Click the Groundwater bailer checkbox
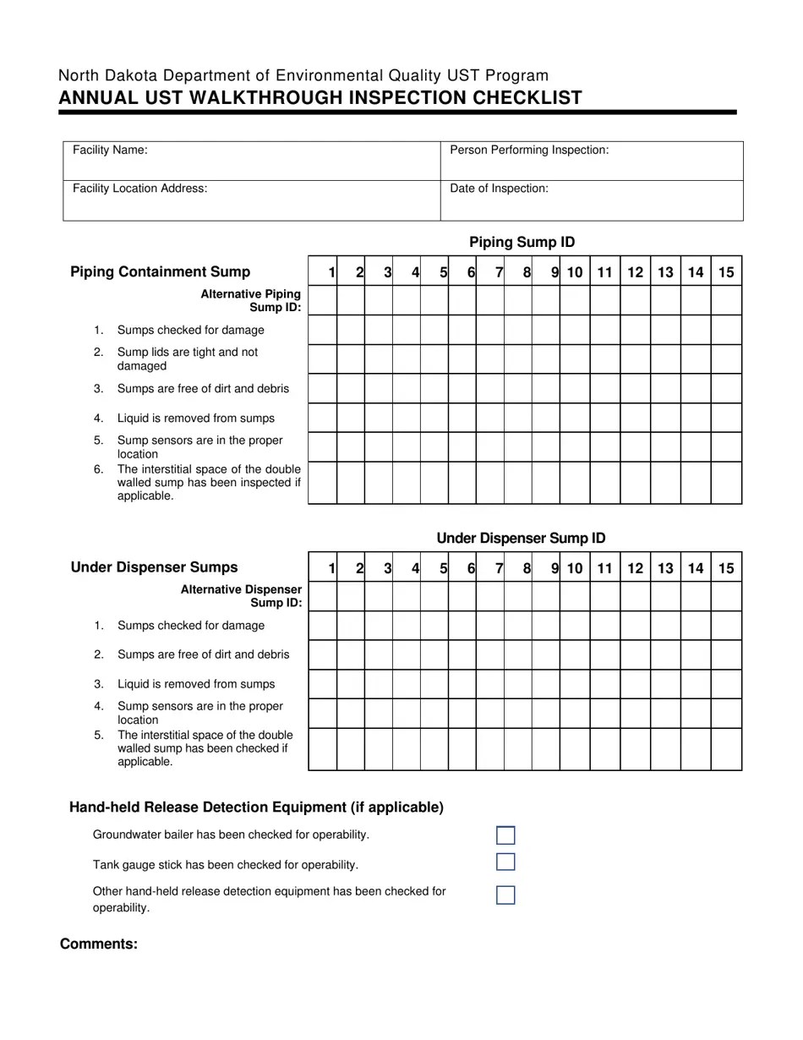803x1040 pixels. point(505,835)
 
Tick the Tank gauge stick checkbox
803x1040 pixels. point(505,862)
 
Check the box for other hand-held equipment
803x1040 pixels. point(505,895)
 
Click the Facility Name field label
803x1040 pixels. point(110,151)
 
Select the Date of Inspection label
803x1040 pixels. point(499,189)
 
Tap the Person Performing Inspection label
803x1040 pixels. point(529,151)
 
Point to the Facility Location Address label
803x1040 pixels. point(139,189)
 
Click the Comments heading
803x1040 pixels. point(99,944)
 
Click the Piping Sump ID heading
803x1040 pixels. point(522,243)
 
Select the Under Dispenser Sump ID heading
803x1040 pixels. point(521,539)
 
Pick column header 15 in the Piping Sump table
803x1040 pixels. point(726,272)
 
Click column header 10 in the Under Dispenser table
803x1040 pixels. point(575,568)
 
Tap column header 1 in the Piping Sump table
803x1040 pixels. point(331,272)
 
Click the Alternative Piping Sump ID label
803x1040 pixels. point(251,300)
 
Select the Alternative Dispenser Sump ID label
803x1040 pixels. point(242,595)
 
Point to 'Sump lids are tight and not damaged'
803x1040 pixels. point(188,359)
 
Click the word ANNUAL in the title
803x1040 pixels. point(92,98)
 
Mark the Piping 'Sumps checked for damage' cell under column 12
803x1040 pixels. point(636,330)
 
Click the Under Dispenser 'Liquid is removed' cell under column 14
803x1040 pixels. point(696,684)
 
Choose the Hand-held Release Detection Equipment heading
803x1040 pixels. point(256,807)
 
